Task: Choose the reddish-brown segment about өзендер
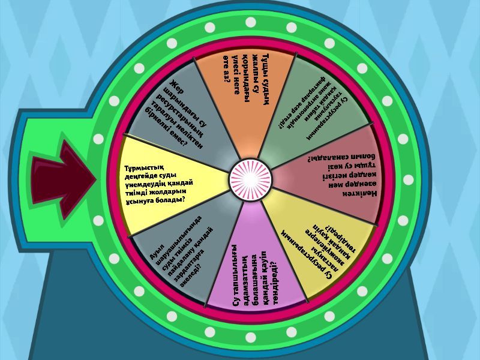coord(336,180)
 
